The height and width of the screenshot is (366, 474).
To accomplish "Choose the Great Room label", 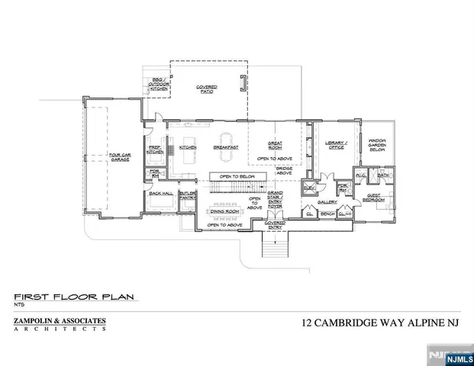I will [x=276, y=145].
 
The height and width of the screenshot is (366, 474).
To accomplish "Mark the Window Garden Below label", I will [x=377, y=145].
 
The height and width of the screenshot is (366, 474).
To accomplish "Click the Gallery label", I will [x=327, y=202].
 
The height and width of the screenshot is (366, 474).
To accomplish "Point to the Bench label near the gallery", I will [x=327, y=215].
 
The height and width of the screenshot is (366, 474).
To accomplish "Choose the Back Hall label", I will [x=161, y=194].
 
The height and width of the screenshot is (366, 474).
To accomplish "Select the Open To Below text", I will [x=236, y=176].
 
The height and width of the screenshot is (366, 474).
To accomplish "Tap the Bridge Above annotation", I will [x=285, y=170].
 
